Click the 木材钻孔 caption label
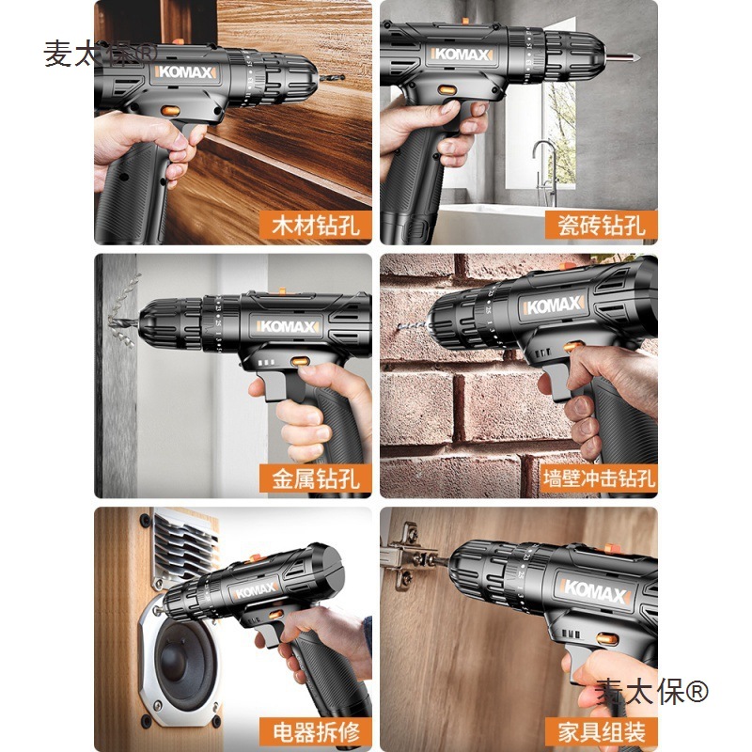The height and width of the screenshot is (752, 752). click(316, 227)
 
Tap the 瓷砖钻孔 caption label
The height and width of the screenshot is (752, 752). click(602, 227)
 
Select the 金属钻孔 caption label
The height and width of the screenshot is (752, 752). click(316, 478)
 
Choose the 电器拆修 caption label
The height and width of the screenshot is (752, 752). click(316, 732)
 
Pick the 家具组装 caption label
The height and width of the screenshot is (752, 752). click(602, 732)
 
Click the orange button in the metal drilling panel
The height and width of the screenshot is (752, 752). click(299, 361)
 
